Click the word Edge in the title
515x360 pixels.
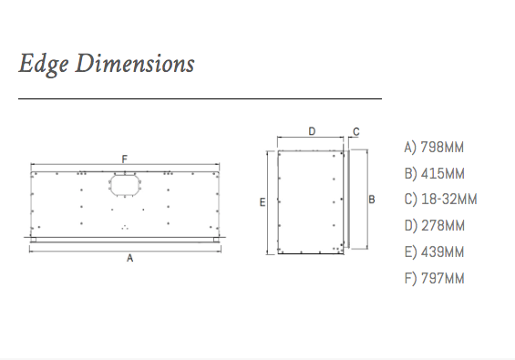pyautogui.click(x=44, y=64)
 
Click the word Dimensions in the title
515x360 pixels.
pyautogui.click(x=135, y=63)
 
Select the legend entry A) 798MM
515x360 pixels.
pyautogui.click(x=434, y=148)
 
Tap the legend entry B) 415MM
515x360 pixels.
pyautogui.click(x=435, y=174)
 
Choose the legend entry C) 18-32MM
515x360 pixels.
pyautogui.click(x=440, y=200)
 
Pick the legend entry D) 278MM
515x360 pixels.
pyautogui.click(x=435, y=226)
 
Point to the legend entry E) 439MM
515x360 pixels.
pyautogui.click(x=434, y=252)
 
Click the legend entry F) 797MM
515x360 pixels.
pyautogui.click(x=434, y=279)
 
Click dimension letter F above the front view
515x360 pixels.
pyautogui.click(x=125, y=159)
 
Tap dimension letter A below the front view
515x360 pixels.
pyautogui.click(x=130, y=258)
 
